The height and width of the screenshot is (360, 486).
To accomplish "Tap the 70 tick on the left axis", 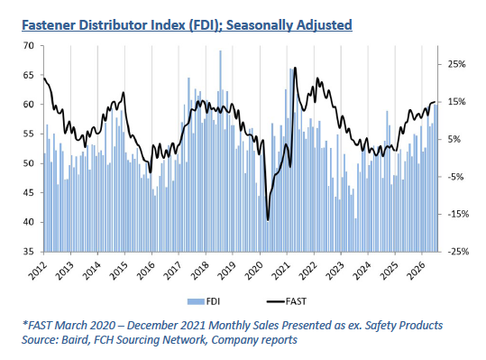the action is tap(28, 46).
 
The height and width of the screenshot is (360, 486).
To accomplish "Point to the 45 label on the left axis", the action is tap(28, 193).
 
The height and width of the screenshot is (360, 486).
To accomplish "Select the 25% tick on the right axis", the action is tap(456, 64).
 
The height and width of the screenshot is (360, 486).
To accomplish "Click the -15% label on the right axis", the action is tap(458, 214).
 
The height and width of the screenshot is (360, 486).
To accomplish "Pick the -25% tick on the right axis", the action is tap(458, 252).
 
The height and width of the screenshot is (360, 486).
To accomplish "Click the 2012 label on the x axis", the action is tap(37, 271).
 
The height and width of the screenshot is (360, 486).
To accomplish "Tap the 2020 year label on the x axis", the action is tap(253, 271).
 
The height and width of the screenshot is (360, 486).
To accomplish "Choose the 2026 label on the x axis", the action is tap(416, 271).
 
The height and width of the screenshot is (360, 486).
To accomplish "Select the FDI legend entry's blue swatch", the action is tap(196, 301).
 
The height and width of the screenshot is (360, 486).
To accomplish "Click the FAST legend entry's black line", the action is tap(276, 301).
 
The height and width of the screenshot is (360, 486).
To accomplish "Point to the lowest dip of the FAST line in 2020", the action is tap(268, 220).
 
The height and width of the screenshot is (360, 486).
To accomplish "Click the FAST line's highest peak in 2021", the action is tap(295, 68).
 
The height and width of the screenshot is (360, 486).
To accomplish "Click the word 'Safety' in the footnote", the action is tap(381, 326).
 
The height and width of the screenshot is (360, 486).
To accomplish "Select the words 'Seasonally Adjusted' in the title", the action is tap(289, 25).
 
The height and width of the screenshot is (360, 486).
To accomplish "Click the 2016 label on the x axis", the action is tap(145, 271).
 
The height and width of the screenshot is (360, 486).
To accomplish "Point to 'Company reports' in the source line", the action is tap(254, 340).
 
